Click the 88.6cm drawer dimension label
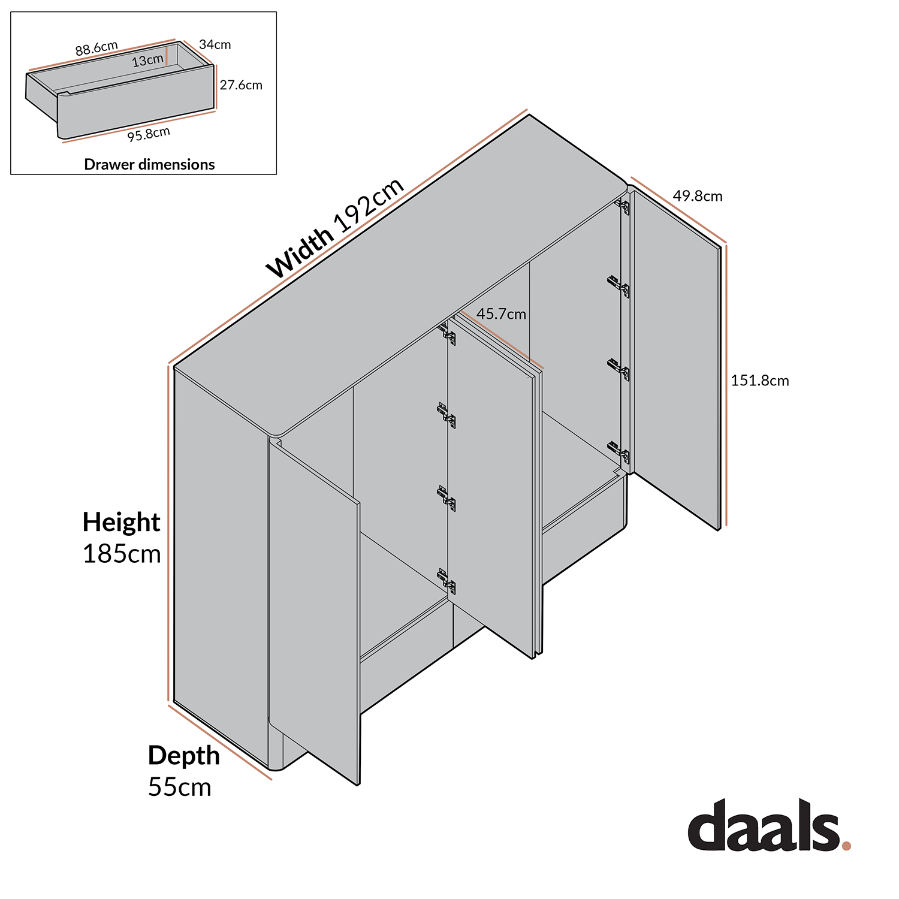(x=96, y=48)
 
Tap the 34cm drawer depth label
(x=215, y=44)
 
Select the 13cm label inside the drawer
(x=147, y=60)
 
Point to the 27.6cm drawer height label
(x=241, y=85)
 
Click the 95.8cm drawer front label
(x=149, y=134)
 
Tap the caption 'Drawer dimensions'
(x=149, y=164)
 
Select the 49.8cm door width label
(x=697, y=196)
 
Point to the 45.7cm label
(x=501, y=313)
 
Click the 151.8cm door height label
(x=759, y=381)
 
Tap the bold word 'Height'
(x=121, y=522)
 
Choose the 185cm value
(x=122, y=554)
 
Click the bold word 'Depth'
(x=183, y=755)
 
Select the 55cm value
(x=179, y=787)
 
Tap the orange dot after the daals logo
(x=846, y=846)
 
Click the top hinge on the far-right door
(x=623, y=207)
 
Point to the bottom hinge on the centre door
(x=447, y=581)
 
